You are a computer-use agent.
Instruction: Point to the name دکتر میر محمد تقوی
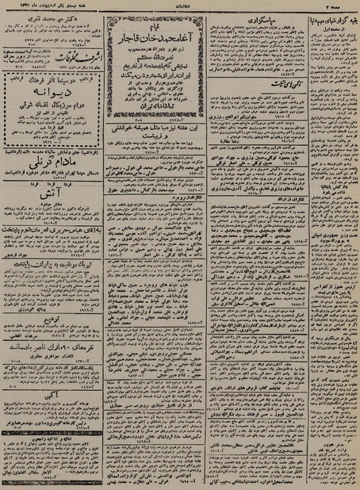(46, 15)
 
